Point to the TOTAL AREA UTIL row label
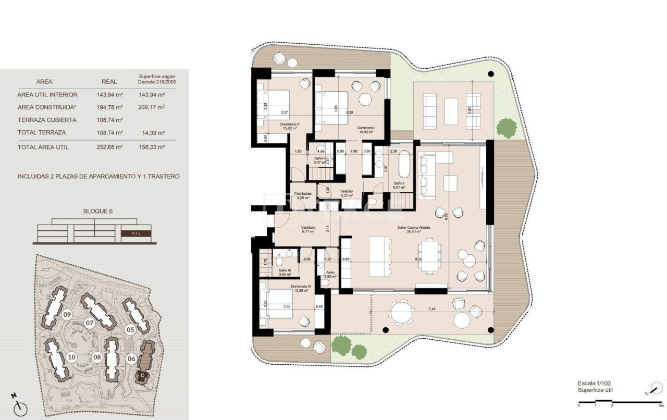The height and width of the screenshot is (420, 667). [x=43, y=147]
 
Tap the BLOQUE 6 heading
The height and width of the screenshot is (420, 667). [x=98, y=212]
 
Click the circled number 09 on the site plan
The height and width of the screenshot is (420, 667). [x=67, y=314]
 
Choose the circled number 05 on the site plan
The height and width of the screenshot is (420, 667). [x=130, y=329]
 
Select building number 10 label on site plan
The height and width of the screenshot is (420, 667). [x=71, y=357]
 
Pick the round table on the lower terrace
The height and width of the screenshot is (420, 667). [x=401, y=313]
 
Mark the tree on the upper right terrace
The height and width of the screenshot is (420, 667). [x=505, y=127]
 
